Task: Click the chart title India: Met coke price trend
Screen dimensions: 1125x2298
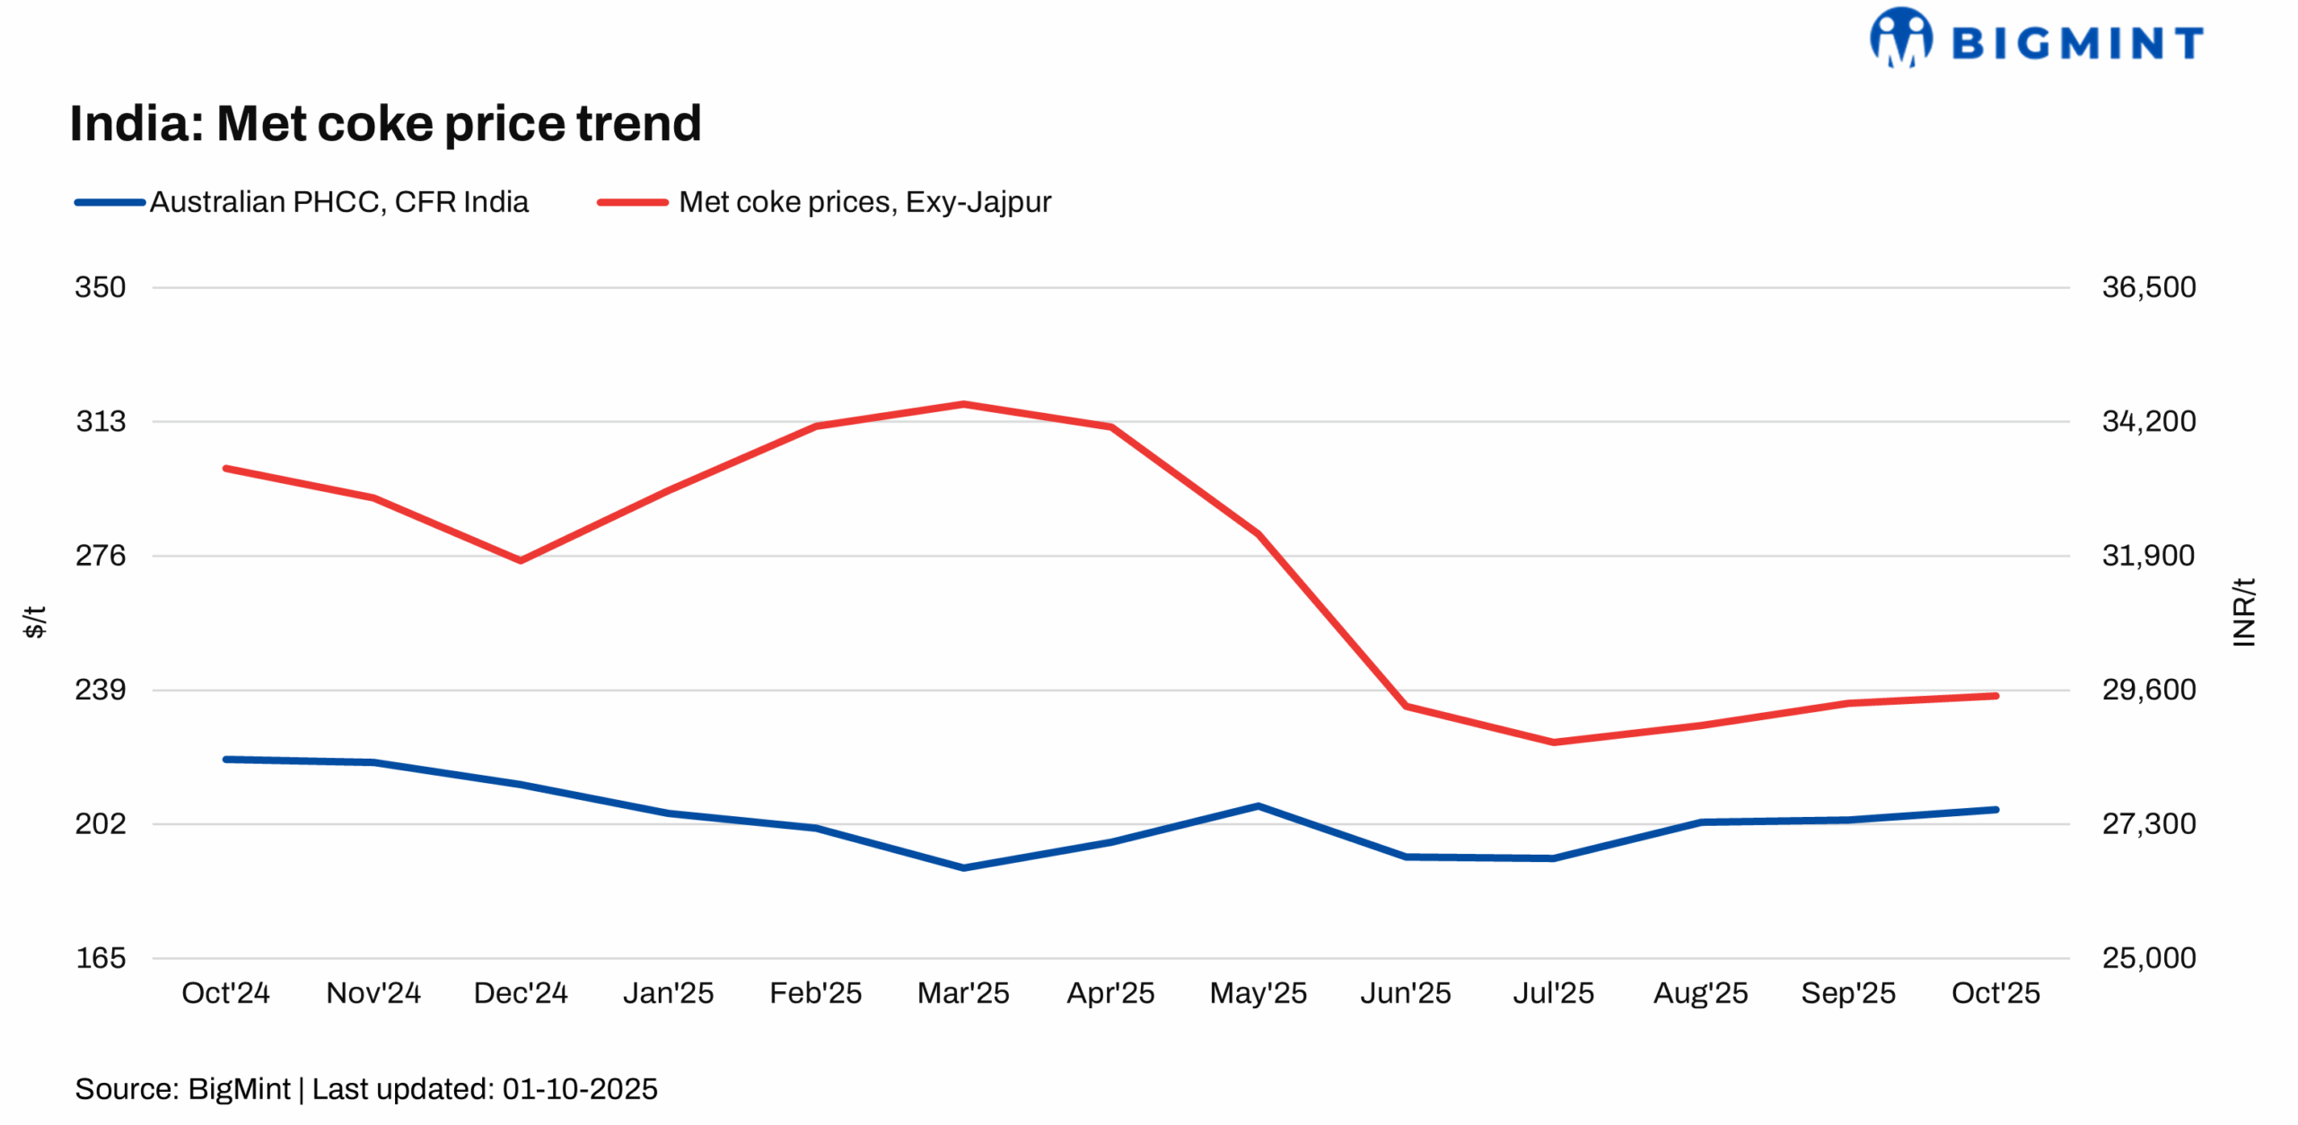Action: [x=385, y=123]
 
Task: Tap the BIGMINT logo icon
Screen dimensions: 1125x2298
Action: [x=1899, y=38]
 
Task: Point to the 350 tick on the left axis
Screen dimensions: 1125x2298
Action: [x=101, y=287]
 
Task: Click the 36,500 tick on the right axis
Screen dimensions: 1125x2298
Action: [x=2148, y=287]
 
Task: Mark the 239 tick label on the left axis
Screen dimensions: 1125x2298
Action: [x=101, y=690]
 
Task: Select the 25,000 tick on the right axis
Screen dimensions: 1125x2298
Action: [x=2148, y=957]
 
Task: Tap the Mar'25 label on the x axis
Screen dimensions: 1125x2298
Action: [x=963, y=993]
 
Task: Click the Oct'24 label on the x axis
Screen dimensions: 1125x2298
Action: [x=225, y=993]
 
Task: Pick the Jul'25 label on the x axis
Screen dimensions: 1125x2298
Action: [x=1553, y=993]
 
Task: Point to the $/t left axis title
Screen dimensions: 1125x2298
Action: [x=34, y=621]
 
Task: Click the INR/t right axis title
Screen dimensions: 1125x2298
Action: [x=2243, y=611]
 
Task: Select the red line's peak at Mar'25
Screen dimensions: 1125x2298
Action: [x=963, y=404]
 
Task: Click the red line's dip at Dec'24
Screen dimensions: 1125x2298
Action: [x=521, y=560]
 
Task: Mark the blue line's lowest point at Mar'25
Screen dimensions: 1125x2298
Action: [x=963, y=867]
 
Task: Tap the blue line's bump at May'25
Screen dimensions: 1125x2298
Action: [x=1259, y=805]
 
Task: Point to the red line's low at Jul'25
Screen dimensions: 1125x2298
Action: [x=1553, y=743]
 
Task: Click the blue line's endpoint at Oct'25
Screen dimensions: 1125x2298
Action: [x=1995, y=809]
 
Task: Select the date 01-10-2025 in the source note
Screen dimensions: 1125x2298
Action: [x=580, y=1089]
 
